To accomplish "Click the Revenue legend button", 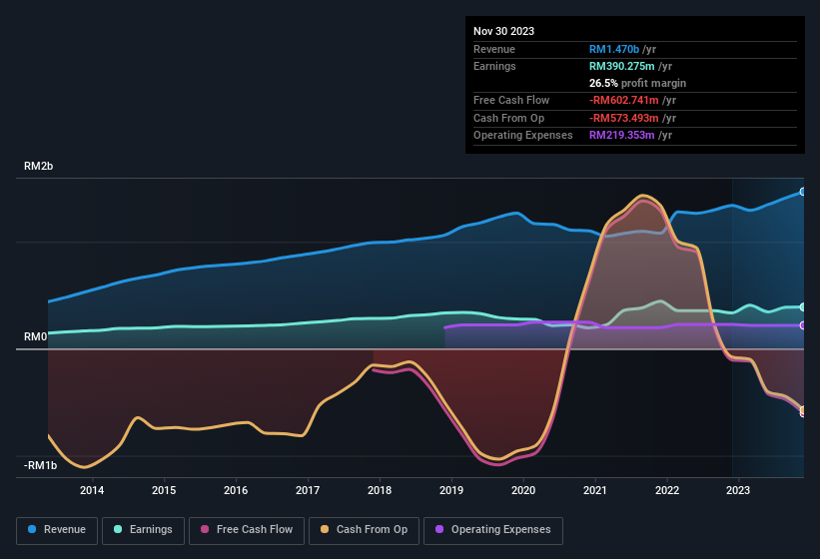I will (58, 530).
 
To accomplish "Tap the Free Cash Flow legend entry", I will (249, 530).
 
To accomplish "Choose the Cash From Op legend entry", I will (365, 530).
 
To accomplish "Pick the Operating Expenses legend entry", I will (493, 530).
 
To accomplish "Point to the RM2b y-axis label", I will (38, 167).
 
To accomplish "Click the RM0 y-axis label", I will (35, 337).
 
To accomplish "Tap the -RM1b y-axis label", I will (40, 465).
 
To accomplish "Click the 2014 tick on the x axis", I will (92, 490).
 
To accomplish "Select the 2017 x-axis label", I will (308, 490).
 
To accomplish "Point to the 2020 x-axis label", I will (523, 490).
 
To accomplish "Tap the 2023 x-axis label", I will (738, 490).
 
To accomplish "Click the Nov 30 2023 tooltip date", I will (503, 31).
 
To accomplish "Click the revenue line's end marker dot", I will (803, 192).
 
